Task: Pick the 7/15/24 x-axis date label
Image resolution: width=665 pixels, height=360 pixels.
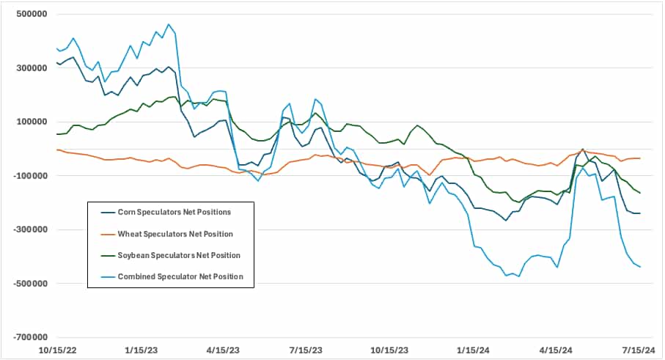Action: (642, 350)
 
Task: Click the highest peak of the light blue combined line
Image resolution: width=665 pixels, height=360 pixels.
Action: (169, 24)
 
